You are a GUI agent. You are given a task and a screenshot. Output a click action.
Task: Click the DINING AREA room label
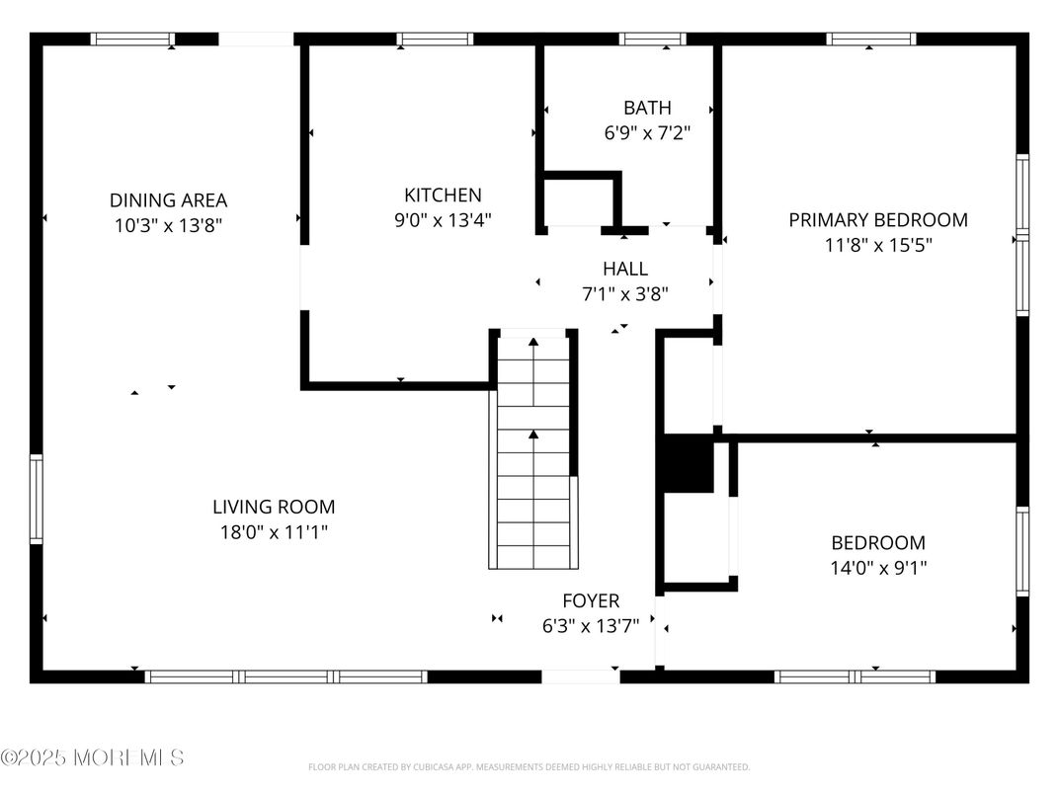click(168, 200)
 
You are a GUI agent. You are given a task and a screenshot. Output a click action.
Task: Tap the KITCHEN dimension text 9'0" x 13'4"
click(443, 220)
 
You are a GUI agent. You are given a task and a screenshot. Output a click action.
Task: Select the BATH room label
click(647, 108)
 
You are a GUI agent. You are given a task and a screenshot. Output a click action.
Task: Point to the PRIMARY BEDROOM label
click(877, 220)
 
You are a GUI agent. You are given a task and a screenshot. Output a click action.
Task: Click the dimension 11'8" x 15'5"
click(877, 245)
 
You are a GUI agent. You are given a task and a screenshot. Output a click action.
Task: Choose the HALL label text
click(625, 269)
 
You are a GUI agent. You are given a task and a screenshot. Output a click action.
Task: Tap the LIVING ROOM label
click(274, 508)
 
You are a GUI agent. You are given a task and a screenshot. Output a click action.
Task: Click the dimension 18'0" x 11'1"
click(274, 532)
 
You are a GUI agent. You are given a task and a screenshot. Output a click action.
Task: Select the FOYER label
click(591, 600)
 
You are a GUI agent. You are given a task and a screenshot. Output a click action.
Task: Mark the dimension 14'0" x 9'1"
click(877, 568)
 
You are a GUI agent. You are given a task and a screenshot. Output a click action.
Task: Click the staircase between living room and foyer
click(533, 454)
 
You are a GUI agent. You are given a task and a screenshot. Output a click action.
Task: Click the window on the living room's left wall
click(37, 499)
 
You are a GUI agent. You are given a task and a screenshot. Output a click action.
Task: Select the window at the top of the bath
click(653, 40)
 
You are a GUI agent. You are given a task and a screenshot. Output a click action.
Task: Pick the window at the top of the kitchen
click(435, 40)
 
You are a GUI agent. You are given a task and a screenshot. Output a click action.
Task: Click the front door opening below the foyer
click(581, 676)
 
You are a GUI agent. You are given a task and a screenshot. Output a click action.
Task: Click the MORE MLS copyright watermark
click(92, 757)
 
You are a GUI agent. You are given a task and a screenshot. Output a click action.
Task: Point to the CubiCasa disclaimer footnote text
click(529, 767)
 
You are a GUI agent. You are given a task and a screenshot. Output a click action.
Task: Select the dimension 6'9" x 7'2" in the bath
click(647, 132)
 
